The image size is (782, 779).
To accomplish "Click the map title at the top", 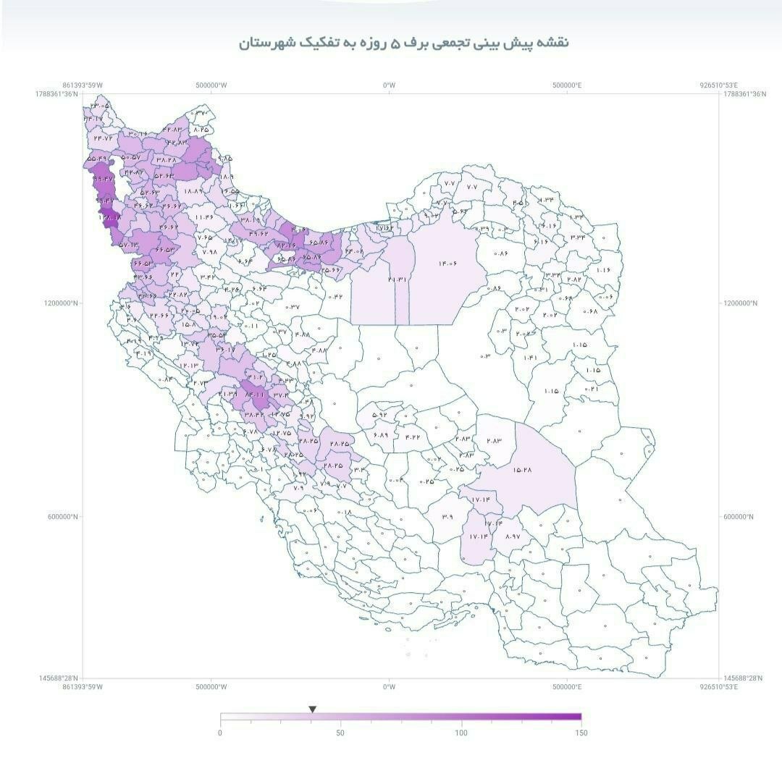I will pos(404,43).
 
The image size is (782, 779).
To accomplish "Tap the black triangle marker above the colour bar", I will pos(312,709).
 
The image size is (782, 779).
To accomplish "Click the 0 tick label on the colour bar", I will pos(220,733).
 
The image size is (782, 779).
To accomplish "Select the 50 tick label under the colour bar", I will pos(340,733).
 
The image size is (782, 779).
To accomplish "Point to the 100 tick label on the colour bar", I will pos(461,733).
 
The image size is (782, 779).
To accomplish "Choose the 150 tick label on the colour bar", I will pos(581,733).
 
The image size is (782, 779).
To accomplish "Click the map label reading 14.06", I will pos(447,264).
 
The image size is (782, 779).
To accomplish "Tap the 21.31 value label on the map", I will pos(398,279).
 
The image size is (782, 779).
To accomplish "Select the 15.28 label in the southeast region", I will pos(522,470).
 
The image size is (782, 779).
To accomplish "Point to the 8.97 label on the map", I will pos(512,536).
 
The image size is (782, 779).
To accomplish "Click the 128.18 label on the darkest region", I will pos(110,216).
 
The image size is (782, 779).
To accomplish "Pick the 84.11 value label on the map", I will pos(256,395).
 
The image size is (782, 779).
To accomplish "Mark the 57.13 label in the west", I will pos(127,245).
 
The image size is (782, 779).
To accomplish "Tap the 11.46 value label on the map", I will pos(204,216).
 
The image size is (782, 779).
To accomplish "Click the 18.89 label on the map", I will pos(193,191).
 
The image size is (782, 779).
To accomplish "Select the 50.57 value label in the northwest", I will pos(131,157).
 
